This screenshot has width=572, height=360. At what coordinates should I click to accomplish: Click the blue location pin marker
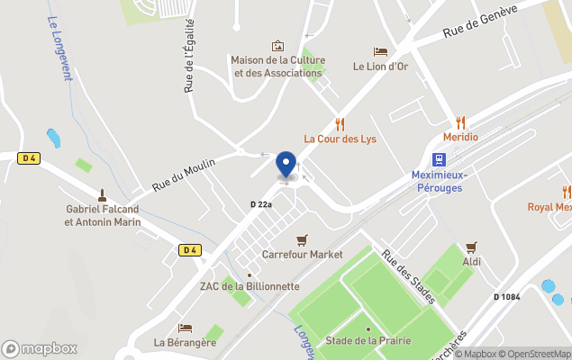coord(286,165)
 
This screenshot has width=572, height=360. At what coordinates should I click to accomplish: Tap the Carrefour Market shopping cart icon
coord(302,239)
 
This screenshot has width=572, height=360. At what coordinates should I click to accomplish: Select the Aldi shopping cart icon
coord(471,247)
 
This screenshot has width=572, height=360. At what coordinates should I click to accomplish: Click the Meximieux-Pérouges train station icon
coord(438,159)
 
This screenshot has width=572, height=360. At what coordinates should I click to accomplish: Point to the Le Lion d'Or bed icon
coord(380,52)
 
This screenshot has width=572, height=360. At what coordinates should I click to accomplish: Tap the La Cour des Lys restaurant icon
coord(340,124)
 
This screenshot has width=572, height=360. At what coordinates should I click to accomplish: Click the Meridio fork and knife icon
coord(460,122)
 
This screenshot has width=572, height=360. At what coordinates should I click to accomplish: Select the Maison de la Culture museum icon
coord(277,46)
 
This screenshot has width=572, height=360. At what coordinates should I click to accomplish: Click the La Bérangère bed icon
coord(185,328)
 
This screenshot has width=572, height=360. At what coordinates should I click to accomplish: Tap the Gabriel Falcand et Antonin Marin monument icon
coord(102,194)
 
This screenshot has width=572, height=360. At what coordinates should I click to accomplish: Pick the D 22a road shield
coord(260,205)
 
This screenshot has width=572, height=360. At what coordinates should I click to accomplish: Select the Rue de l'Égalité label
coord(189,58)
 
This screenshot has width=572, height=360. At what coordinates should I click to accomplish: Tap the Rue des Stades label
coord(409,275)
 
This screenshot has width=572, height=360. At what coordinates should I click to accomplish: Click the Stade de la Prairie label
coord(364,340)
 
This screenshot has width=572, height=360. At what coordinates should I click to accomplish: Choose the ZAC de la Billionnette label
coord(249,287)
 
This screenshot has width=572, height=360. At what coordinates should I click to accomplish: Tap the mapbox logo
coord(40,348)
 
